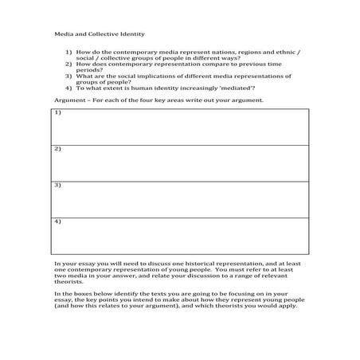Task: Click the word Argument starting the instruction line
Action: (69, 100)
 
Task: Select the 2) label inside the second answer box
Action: (58, 150)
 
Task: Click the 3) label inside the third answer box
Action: (58, 185)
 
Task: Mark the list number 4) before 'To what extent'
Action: (69, 88)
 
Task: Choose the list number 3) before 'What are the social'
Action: (69, 76)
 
